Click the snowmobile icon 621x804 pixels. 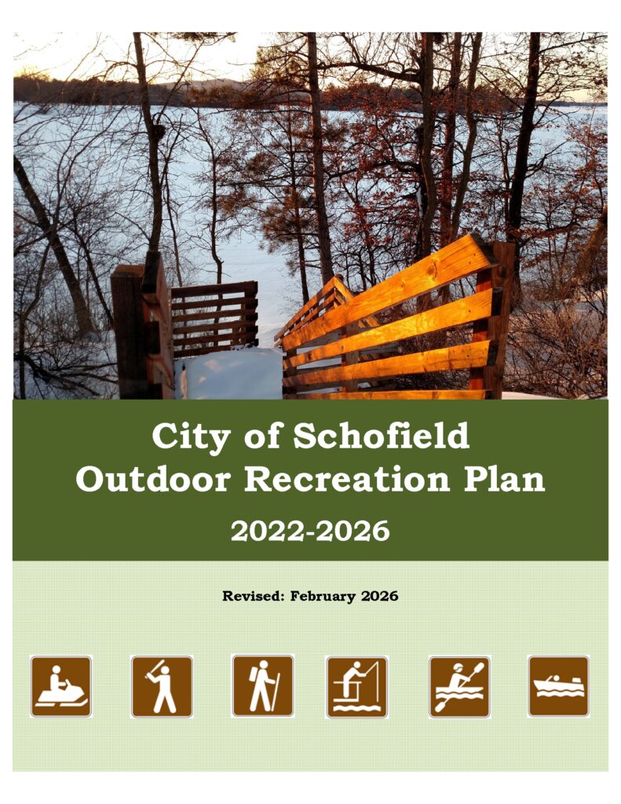coord(61,686)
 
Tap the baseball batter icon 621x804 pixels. coord(162,686)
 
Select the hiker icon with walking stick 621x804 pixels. coord(263,685)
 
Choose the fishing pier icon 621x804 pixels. coord(357,686)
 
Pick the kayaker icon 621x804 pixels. coord(459,686)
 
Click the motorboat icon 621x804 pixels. coord(558,686)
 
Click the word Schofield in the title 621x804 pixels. coord(381,437)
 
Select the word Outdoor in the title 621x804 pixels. coord(153,480)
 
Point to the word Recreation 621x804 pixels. coord(347,480)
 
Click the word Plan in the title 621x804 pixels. coord(504,480)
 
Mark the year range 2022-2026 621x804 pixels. coord(310,532)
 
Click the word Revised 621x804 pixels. coord(253,597)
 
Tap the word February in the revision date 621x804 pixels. coord(323,597)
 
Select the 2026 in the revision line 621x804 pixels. coord(380,597)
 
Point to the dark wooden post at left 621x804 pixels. coord(130,331)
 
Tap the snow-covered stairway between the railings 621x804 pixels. coord(229,373)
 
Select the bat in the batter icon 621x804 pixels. coord(155,667)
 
